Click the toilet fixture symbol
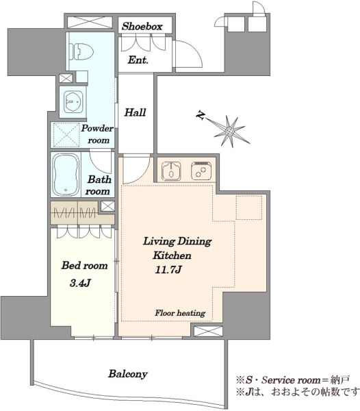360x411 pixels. pos(81,51)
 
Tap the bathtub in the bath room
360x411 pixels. pos(66,174)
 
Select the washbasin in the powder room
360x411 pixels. pos(73,102)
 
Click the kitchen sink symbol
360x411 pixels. pos(171,171)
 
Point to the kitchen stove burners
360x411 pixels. pos(201,171)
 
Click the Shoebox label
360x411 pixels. pos(142,26)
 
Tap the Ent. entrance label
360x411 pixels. pos(138,60)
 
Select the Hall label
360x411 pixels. pos(135,112)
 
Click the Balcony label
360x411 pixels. pos(128,374)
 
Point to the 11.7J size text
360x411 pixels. pos(168,269)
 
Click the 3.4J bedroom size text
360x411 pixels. pos(80,283)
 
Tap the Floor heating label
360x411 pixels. pos(180,313)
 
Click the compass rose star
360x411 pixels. pos(230,131)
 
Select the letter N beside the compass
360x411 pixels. pos(201,116)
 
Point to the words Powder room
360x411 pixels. pos(97,134)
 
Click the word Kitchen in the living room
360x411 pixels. pos(172,256)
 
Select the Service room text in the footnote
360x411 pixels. pos(291,379)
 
